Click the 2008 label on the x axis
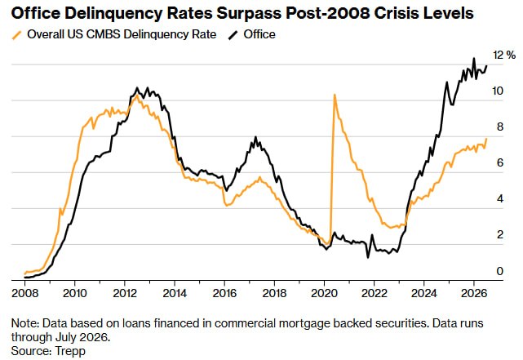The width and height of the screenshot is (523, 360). pos(24,293)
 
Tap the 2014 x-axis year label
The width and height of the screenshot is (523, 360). pos(175,293)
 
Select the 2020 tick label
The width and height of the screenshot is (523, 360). pos(324,293)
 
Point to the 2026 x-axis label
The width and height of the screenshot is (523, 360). pos(474,293)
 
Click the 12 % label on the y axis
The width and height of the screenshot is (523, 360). pos(504,55)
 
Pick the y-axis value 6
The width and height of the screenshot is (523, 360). pos(499,162)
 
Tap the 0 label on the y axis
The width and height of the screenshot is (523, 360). pos(499,271)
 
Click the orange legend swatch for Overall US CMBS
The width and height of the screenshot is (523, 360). pos(17,35)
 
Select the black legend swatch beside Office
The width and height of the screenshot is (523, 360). pos(233,35)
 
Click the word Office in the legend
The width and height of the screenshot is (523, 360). pos(259,34)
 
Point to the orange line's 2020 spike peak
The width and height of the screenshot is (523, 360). pos(335,95)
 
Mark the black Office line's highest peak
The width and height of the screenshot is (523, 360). pos(473,59)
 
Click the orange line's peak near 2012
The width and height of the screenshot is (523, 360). pos(136,95)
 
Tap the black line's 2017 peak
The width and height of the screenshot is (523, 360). pos(256,137)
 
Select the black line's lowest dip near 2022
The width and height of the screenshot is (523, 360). pos(368,257)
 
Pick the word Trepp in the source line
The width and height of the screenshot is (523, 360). pos(70,351)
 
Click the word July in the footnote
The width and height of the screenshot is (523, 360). pos(66,337)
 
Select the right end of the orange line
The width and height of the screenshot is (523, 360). pos(486,139)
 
